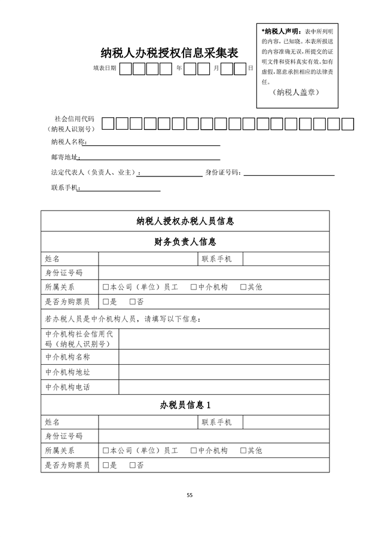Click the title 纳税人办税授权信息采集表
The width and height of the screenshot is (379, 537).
click(x=169, y=53)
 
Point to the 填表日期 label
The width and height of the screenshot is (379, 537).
click(x=105, y=69)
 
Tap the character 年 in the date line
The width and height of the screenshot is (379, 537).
click(x=179, y=69)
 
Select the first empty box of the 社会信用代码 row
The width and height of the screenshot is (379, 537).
click(x=108, y=124)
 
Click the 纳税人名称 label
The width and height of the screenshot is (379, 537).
click(x=69, y=142)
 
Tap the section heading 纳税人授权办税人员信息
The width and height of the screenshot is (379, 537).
click(x=185, y=221)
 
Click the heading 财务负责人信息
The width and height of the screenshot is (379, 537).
click(x=185, y=242)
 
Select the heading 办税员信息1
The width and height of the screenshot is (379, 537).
click(x=185, y=405)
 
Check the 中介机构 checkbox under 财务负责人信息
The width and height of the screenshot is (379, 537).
click(x=194, y=288)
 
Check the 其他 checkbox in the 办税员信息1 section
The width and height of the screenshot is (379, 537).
click(x=243, y=450)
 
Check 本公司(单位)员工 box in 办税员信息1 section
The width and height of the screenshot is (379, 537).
click(x=106, y=450)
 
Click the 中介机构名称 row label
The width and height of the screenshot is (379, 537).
click(x=68, y=357)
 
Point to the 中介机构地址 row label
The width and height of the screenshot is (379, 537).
click(x=68, y=372)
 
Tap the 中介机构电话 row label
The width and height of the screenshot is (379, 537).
click(x=68, y=387)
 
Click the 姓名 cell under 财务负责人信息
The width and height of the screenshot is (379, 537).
click(x=53, y=259)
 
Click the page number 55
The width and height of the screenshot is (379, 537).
click(x=189, y=495)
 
